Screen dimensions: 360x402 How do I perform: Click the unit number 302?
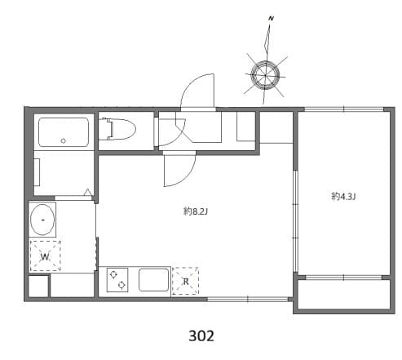coord(201,336)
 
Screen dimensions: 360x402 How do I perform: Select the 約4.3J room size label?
coord(344,196)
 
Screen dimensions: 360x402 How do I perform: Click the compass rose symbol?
coord(265,75)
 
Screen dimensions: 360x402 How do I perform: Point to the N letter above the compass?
coord(270,18)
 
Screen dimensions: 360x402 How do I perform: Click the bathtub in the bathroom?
coord(63,131)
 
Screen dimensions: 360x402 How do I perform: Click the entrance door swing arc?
coord(197,90)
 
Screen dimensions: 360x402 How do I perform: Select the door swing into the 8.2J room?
coord(178,169)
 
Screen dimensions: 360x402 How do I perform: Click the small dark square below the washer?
coord(38,287)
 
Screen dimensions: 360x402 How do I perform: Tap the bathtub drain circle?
coord(63,141)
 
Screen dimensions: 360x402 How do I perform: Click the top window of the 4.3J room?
coord(342,109)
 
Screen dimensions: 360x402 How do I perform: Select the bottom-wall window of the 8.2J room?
coord(236,299)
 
